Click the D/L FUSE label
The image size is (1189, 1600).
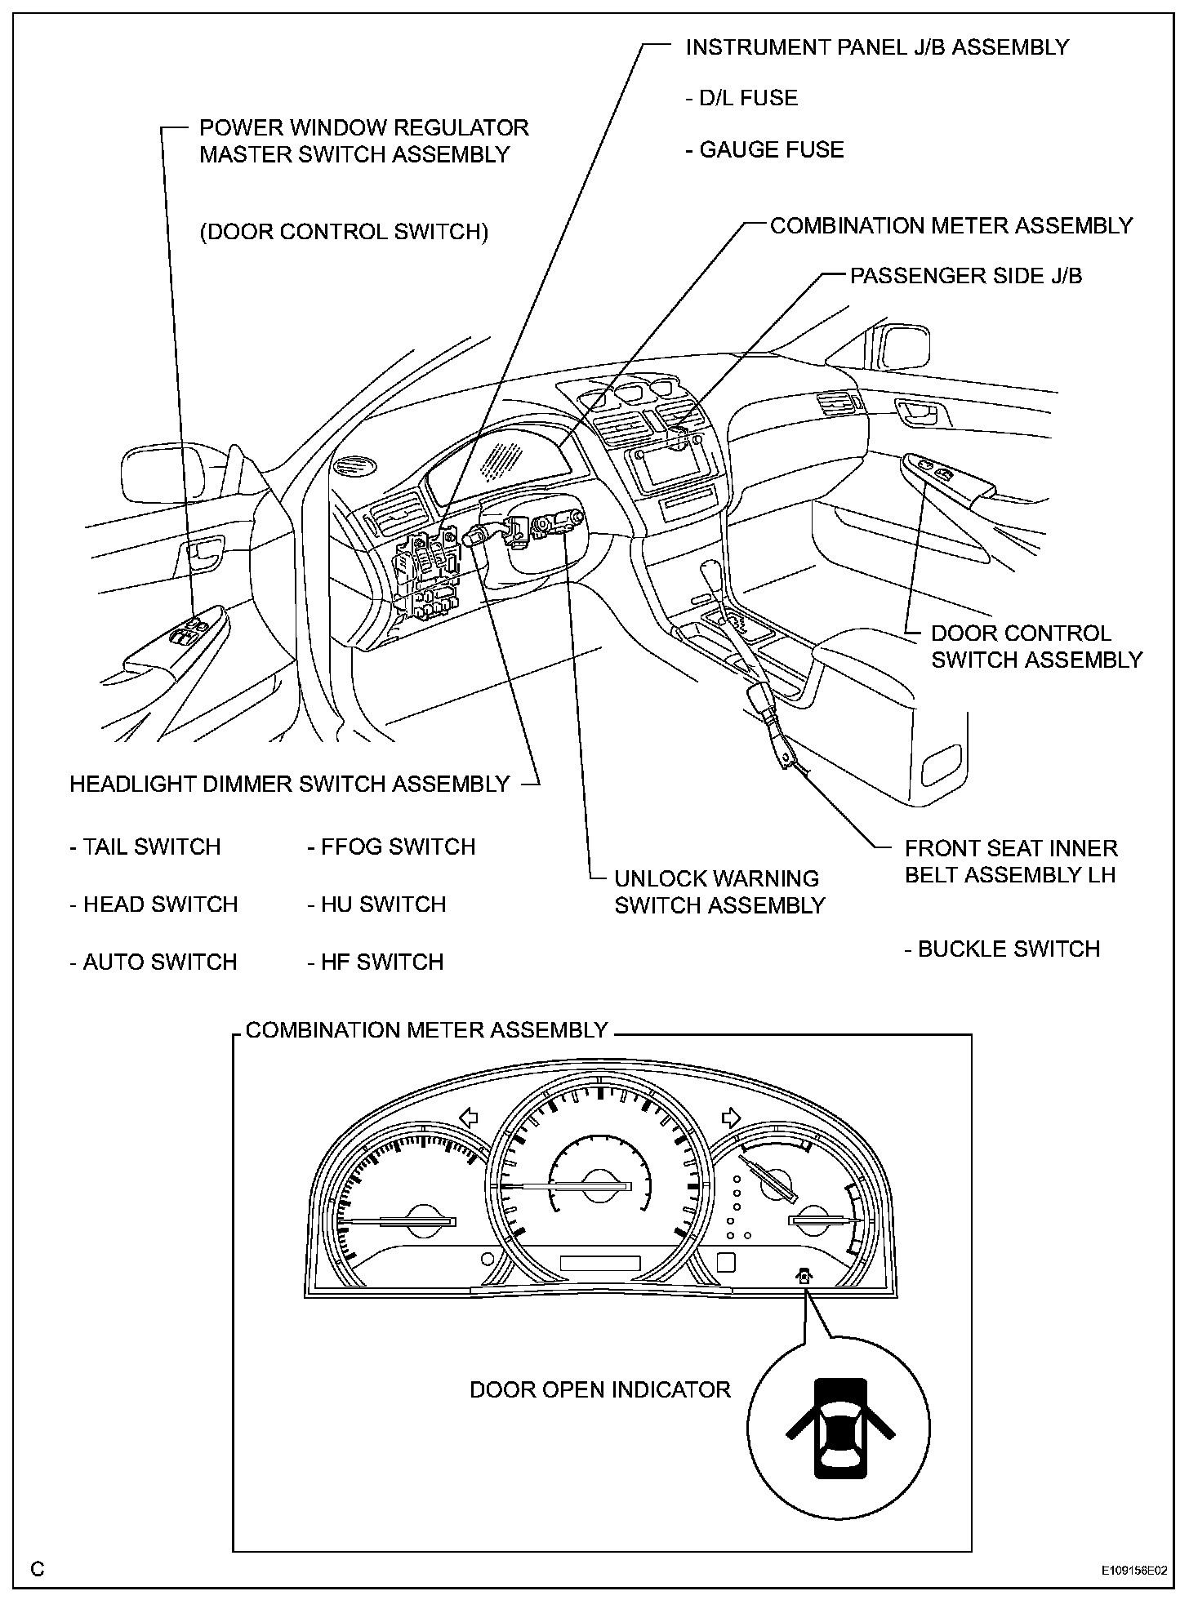[x=741, y=99]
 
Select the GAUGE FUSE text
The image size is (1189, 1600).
[x=764, y=150]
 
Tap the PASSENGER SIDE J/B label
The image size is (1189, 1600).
[x=966, y=276]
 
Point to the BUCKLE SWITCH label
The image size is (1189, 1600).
[x=1002, y=949]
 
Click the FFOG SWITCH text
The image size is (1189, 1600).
[x=391, y=847]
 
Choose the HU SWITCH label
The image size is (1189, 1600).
[x=376, y=904]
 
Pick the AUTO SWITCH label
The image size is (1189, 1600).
[x=153, y=962]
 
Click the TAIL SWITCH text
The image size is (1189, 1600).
[x=145, y=847]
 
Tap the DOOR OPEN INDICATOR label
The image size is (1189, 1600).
[x=599, y=1390]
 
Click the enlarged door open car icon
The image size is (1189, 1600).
[x=839, y=1429]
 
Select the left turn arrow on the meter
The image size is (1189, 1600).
[x=468, y=1116]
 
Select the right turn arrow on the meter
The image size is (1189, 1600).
[x=730, y=1116]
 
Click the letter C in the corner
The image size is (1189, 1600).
[x=38, y=1569]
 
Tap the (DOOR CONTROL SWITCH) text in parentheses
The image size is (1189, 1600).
[x=344, y=233]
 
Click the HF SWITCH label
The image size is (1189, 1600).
[x=375, y=962]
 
